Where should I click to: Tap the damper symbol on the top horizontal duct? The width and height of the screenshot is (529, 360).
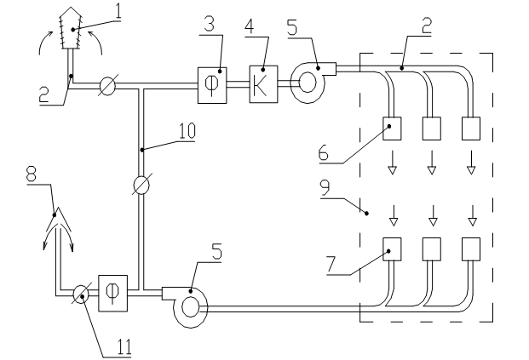107,84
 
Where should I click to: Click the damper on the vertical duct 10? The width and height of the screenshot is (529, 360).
142,184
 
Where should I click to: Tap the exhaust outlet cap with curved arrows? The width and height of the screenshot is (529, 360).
58,223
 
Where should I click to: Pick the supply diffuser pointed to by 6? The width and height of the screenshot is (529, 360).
394,128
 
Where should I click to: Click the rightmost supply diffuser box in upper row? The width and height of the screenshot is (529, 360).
470,128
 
